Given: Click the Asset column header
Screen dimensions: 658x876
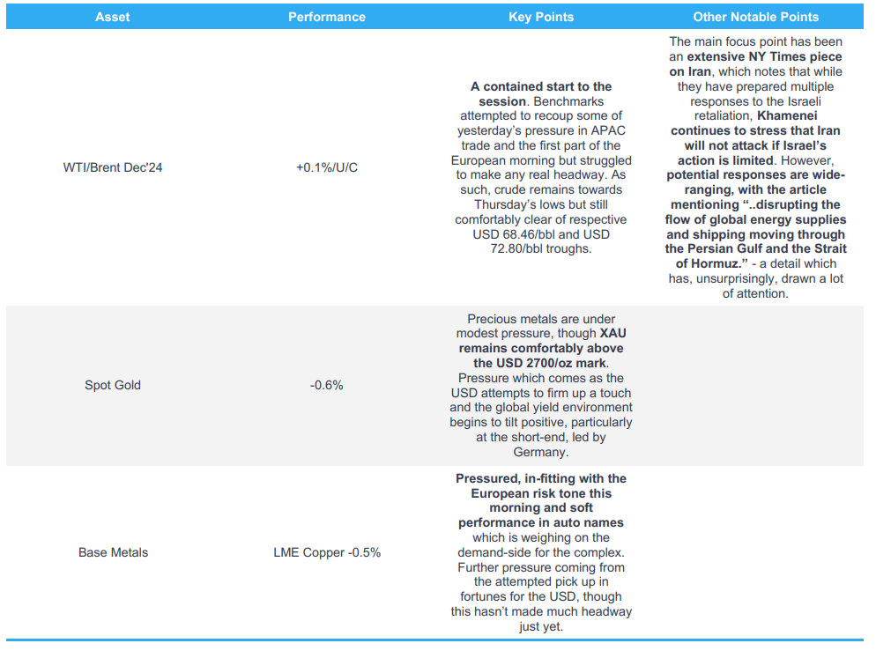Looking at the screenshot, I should click(112, 17).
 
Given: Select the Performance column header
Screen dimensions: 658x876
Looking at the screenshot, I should click(327, 17).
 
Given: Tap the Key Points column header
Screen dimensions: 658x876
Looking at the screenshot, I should click(541, 17).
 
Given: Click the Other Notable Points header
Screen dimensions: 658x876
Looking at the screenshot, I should click(755, 17).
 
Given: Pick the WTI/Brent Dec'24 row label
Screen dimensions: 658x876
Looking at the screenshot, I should click(113, 167).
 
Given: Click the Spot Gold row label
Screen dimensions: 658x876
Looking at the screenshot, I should click(113, 385).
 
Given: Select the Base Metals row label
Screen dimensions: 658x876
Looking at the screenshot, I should click(113, 552).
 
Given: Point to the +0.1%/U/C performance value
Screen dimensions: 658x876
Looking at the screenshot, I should click(327, 167).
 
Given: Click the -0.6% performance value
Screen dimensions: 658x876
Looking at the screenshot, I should click(327, 385).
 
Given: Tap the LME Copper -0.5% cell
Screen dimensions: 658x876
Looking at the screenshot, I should click(327, 552).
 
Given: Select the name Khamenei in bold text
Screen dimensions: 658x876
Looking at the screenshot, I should click(778, 116).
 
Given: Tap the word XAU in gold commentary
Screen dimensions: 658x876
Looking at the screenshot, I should click(612, 334).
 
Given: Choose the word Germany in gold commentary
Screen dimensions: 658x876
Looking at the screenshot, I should click(541, 452).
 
